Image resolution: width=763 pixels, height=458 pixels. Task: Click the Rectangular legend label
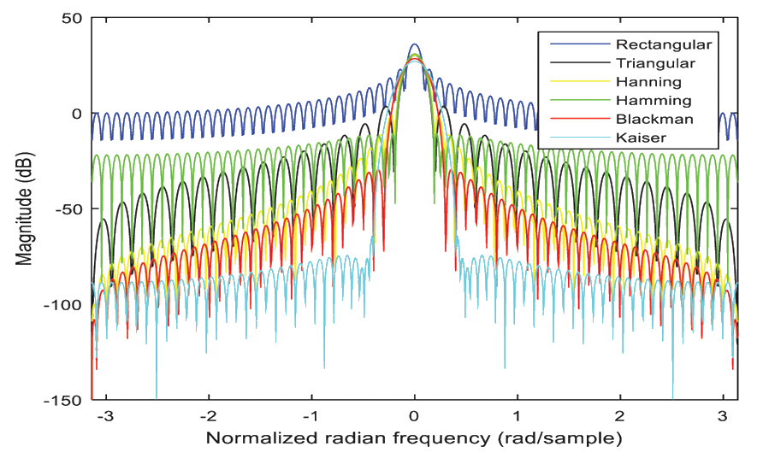[x=663, y=44]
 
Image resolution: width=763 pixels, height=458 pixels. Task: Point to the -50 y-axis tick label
[x=69, y=209]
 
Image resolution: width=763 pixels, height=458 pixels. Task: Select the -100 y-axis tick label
[x=66, y=305]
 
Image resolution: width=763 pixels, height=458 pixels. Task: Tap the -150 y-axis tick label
[x=66, y=400]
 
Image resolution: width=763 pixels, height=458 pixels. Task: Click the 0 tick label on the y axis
[x=77, y=114]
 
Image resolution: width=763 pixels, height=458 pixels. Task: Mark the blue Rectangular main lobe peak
[x=415, y=45]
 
